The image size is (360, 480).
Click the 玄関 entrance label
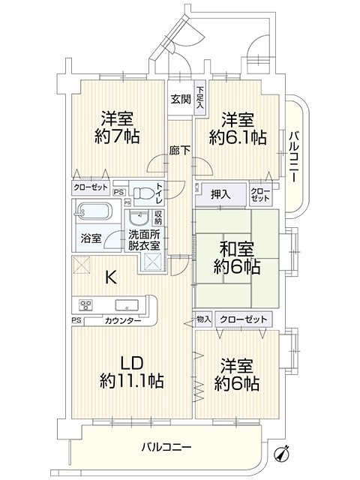(181, 98)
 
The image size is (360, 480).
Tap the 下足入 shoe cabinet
(200, 97)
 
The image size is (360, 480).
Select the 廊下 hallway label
(180, 150)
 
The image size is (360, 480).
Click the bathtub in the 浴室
(94, 211)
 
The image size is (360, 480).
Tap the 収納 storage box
(158, 217)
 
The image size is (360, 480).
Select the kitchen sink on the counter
(127, 305)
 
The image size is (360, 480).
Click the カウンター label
(123, 321)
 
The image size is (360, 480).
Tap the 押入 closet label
(220, 194)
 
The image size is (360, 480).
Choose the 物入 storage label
(204, 319)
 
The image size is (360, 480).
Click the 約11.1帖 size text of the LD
(132, 381)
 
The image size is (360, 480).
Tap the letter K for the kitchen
(111, 277)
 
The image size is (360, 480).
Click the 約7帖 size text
(117, 136)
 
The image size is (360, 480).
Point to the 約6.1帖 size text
(238, 137)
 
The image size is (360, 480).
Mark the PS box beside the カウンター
(76, 320)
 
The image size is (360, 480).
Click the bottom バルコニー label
(166, 447)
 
